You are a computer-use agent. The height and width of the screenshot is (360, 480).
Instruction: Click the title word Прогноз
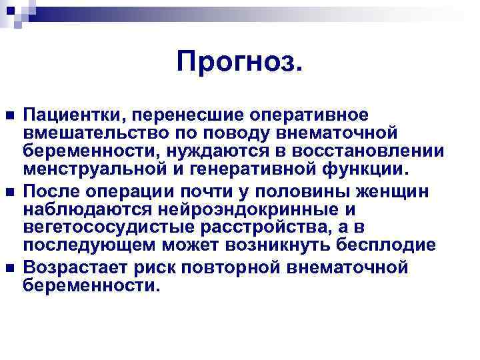pos(239,63)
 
